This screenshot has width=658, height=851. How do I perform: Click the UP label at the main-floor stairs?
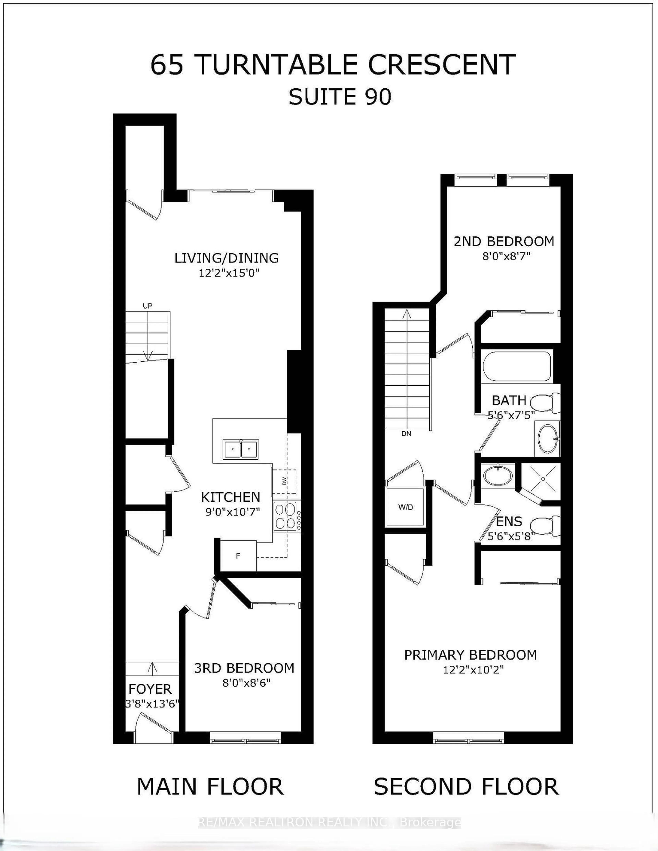point(147,306)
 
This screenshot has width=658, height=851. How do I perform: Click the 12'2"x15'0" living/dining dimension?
point(229,273)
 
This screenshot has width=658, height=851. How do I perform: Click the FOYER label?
point(150,689)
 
